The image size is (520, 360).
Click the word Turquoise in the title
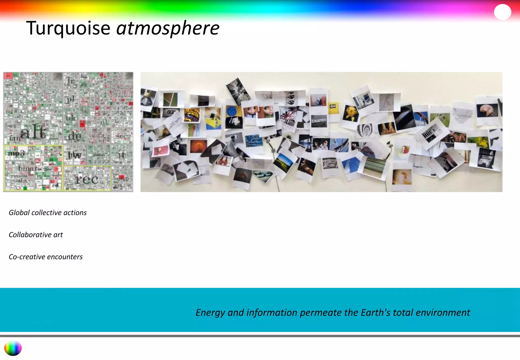68,28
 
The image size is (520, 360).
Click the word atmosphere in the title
168,28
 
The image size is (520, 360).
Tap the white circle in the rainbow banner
502,12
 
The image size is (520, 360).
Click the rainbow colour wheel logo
13,348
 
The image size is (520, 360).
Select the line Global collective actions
48,212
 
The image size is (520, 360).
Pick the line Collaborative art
36,235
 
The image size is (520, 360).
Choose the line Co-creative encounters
46,257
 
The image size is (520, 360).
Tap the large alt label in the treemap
33,132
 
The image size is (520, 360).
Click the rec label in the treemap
87,179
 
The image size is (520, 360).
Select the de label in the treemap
75,136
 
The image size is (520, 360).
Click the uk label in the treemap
71,118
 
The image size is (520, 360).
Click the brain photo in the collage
487,110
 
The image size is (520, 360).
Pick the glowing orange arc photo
198,146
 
